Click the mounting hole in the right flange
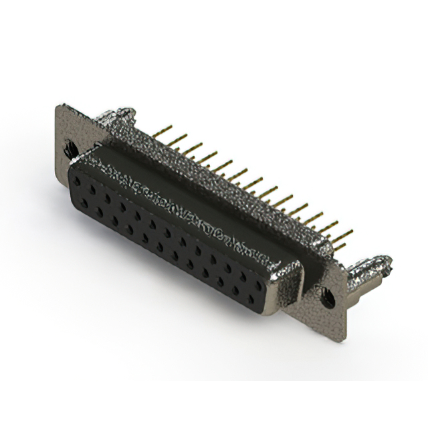tap(328, 295)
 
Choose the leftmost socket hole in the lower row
tap(85, 201)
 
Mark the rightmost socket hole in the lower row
tap(254, 294)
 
